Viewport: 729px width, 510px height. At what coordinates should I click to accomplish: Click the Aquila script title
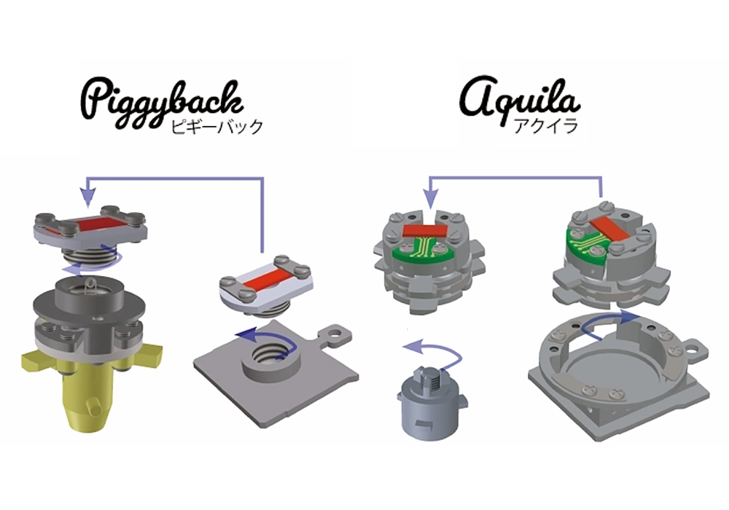tap(519, 99)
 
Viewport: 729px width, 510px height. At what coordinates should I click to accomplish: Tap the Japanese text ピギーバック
tap(217, 127)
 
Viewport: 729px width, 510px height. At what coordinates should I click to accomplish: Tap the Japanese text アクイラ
tap(546, 126)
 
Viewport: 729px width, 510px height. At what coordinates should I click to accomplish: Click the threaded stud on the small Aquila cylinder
tap(429, 380)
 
